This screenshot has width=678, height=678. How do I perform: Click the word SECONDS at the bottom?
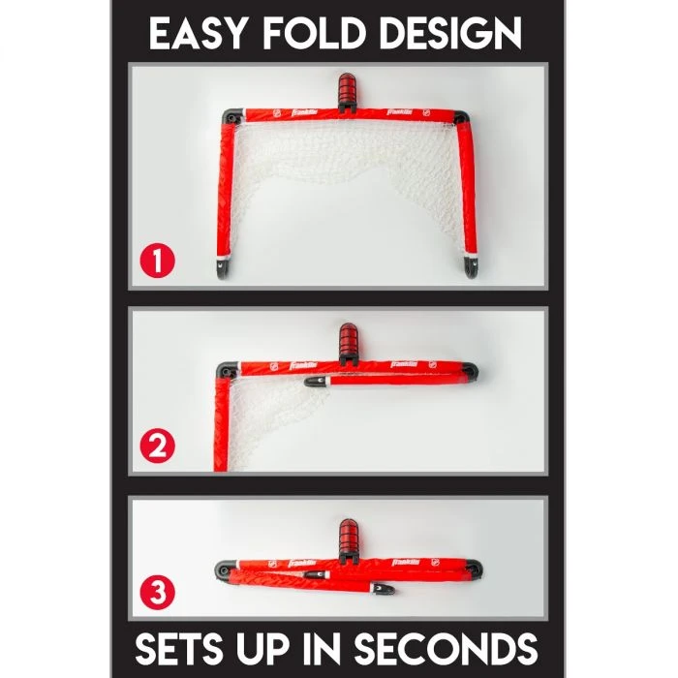coord(447,649)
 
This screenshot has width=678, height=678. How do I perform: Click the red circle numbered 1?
coord(157,261)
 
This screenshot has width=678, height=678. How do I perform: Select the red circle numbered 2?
coord(157,447)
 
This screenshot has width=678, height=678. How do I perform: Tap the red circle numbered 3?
coord(157,592)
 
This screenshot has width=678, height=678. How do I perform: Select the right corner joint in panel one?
coord(463,117)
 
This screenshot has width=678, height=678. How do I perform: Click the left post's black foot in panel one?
coord(223,268)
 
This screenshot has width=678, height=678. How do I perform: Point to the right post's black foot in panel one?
coord(470,266)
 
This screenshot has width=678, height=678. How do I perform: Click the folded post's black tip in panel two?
coord(315,382)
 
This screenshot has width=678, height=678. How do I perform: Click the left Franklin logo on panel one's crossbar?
coord(304,112)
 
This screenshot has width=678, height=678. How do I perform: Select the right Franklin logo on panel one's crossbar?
coord(399,112)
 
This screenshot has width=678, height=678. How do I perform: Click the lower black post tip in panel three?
coord(383,588)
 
